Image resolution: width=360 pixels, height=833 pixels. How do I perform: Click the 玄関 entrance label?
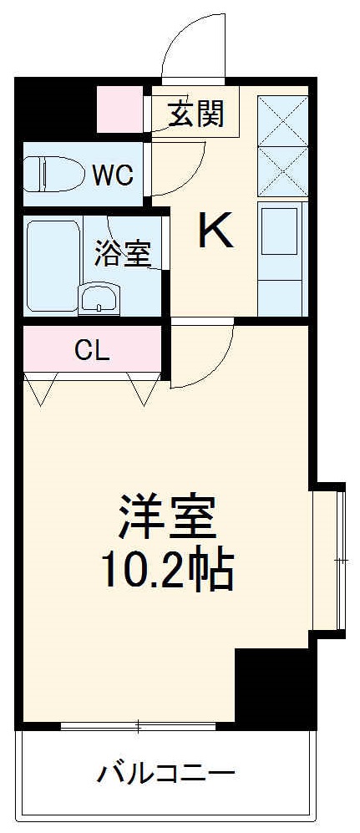pyautogui.click(x=197, y=114)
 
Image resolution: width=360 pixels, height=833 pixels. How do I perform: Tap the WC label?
pyautogui.click(x=112, y=175)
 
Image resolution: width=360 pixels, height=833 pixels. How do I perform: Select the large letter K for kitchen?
pyautogui.click(x=215, y=231)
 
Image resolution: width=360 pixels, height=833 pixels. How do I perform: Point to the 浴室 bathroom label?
pyautogui.click(x=122, y=253)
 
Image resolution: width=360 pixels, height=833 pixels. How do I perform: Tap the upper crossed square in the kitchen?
pyautogui.click(x=283, y=120)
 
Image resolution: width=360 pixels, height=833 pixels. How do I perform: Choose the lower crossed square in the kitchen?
pyautogui.click(x=283, y=171)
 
